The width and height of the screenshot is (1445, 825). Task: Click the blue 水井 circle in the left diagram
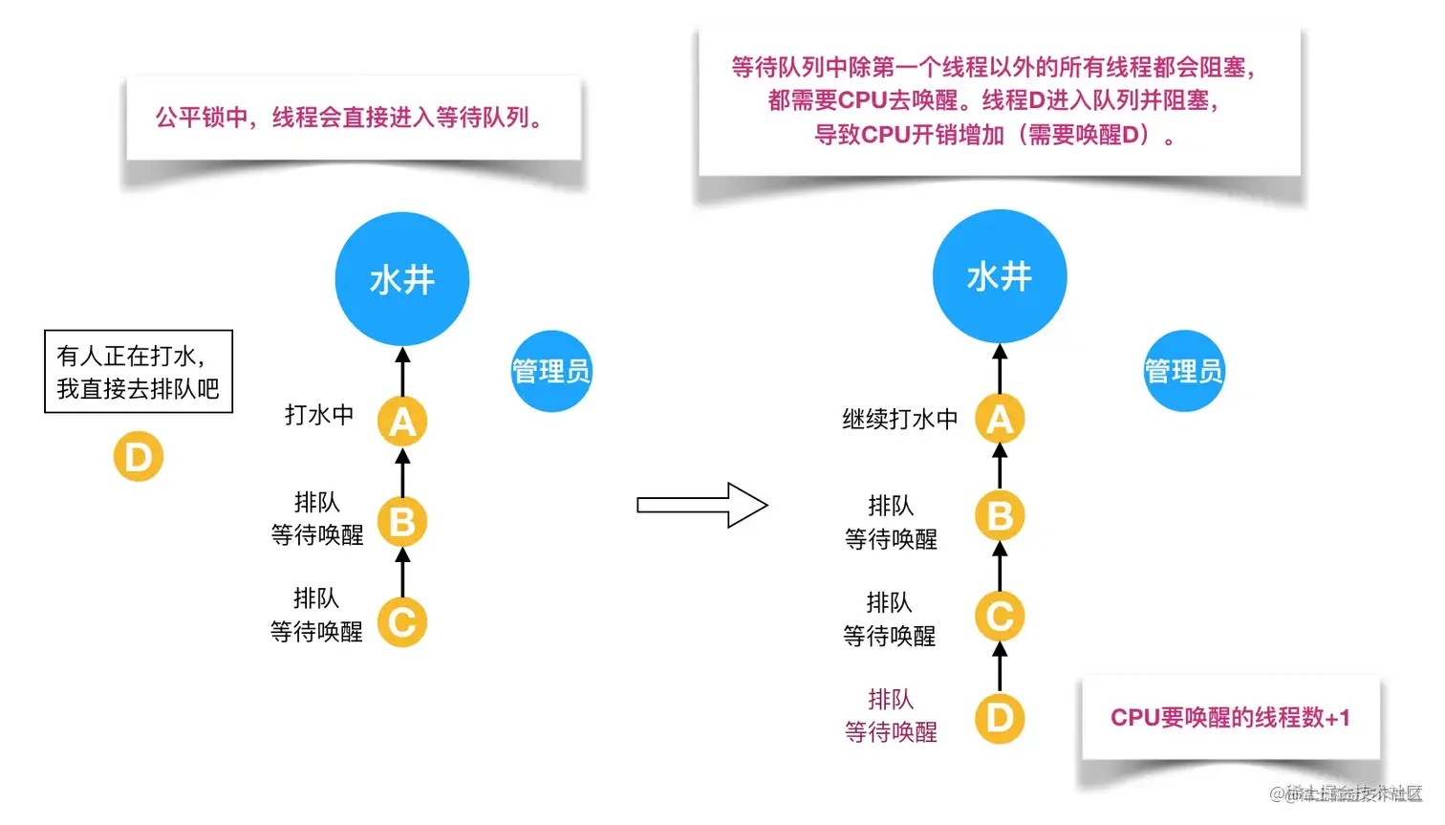coord(402,279)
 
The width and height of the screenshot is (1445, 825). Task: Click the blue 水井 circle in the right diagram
coord(1000,276)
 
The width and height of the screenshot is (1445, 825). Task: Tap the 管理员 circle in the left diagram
coord(551,371)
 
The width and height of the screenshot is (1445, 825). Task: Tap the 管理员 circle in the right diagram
coord(1184,371)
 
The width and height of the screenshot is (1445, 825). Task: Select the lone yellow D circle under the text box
coord(139,457)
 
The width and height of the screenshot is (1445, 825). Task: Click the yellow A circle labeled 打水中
coord(402,422)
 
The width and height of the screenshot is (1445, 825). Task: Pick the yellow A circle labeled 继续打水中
coord(1000,419)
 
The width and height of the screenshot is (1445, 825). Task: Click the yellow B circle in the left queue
coord(402,522)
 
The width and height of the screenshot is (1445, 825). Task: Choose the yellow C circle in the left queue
coord(402,622)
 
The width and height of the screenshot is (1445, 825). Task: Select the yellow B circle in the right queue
coord(1000,516)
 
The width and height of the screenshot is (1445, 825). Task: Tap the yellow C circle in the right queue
coord(1000,617)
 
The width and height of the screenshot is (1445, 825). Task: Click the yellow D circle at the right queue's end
coord(1000,718)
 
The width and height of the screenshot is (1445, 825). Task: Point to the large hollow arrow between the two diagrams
coord(702,505)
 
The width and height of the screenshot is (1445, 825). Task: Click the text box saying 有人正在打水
coord(139,372)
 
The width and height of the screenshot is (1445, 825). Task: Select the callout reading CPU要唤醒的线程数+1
coord(1230,717)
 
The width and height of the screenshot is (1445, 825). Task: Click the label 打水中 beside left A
coord(319,415)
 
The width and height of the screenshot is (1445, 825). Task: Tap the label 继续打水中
coord(899,419)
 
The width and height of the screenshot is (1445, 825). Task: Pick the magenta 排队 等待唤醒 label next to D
coord(891,716)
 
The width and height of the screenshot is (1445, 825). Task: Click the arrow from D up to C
coord(1000,667)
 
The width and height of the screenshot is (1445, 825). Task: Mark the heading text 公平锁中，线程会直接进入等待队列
coord(351,118)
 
